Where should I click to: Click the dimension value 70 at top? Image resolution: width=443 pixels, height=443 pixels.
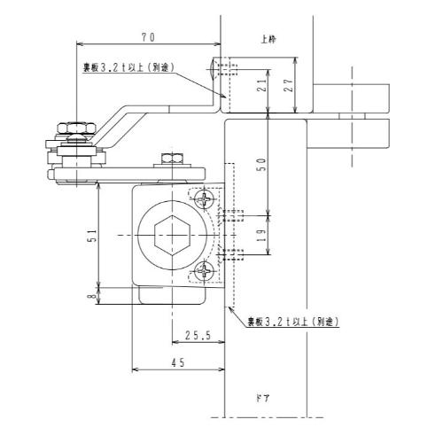coord(148,37)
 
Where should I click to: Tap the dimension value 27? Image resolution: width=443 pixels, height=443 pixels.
coord(289,85)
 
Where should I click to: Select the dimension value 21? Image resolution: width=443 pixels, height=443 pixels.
coord(262,85)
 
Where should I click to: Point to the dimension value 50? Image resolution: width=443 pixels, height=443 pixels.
coord(262,165)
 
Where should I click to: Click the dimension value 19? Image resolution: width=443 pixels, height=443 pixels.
coord(262,235)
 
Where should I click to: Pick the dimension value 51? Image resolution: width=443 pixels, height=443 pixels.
coord(93,236)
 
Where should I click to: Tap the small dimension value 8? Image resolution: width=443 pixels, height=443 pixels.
coord(93,295)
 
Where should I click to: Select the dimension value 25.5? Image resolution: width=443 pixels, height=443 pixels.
coord(198,335)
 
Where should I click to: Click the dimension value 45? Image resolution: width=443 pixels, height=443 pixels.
coord(178,362)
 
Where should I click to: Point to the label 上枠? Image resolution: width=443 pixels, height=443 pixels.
coord(268,39)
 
